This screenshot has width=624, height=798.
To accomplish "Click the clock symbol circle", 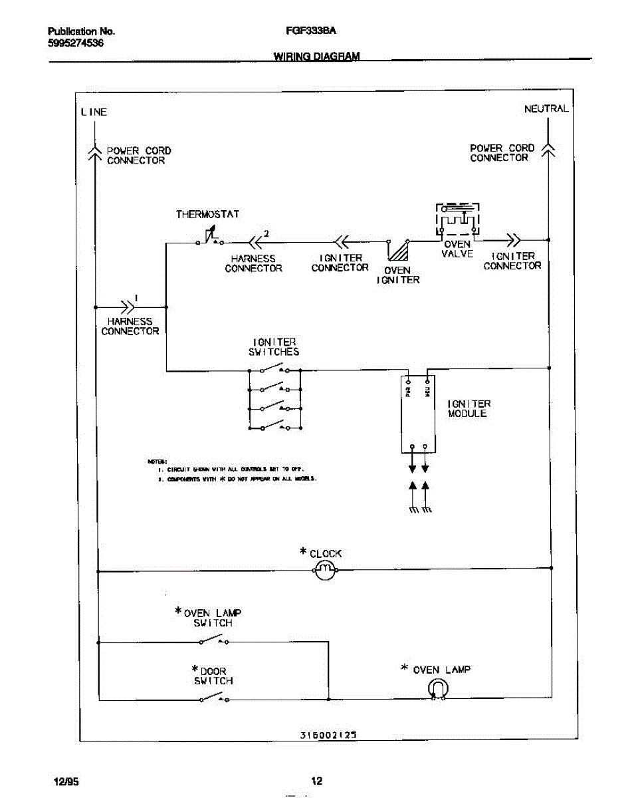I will pyautogui.click(x=325, y=570).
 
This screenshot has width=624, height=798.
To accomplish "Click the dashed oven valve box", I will pyautogui.click(x=457, y=219).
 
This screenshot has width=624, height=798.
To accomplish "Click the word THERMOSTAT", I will pyautogui.click(x=207, y=215).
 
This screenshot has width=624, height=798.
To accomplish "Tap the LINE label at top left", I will pyautogui.click(x=94, y=112).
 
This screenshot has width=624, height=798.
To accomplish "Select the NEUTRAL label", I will pyautogui.click(x=546, y=109).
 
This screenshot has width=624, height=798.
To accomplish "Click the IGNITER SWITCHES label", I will pyautogui.click(x=274, y=347).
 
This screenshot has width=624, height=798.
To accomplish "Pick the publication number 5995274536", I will pyautogui.click(x=76, y=43).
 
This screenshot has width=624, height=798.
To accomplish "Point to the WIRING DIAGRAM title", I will pyautogui.click(x=316, y=57).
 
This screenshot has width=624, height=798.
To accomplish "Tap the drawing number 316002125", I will pyautogui.click(x=328, y=735).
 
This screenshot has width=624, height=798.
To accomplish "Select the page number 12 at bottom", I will pyautogui.click(x=317, y=781).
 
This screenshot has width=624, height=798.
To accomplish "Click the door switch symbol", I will pyautogui.click(x=214, y=698).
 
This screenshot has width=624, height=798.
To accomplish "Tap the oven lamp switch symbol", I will pyautogui.click(x=214, y=640).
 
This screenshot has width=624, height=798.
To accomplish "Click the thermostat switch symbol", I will pyautogui.click(x=211, y=238).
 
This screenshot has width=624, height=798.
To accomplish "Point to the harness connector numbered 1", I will pyautogui.click(x=126, y=307).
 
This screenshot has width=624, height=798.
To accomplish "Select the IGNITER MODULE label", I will pyautogui.click(x=468, y=408).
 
